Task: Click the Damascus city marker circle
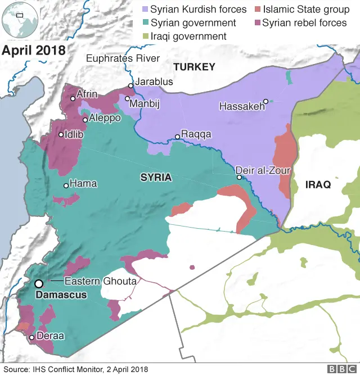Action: (39, 284)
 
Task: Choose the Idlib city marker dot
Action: (61, 134)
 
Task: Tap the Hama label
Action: (83, 183)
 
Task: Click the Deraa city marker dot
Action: (32, 337)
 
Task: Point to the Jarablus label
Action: (154, 81)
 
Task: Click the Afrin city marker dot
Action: (73, 98)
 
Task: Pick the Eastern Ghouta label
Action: (101, 280)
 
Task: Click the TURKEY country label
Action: (194, 67)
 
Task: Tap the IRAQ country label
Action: (318, 184)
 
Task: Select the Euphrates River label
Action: (123, 58)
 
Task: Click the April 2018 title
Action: (34, 50)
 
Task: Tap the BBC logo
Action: (340, 369)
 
